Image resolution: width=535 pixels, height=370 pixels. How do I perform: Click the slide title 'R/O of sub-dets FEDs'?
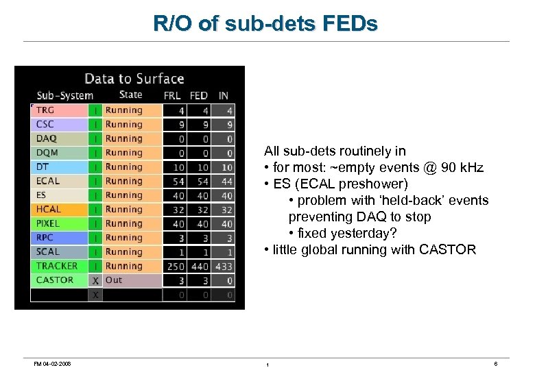265,24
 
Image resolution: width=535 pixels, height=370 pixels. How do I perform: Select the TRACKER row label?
57,266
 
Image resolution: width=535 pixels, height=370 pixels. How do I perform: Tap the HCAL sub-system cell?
49,210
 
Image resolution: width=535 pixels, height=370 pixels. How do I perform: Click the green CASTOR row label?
55,280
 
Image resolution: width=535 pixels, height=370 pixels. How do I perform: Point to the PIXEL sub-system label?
48,223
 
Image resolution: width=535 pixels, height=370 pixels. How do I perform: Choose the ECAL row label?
48,182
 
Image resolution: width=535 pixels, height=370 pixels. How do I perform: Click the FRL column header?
173,96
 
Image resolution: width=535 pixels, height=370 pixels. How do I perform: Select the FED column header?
199,96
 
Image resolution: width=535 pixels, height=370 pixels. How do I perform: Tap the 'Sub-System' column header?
64,96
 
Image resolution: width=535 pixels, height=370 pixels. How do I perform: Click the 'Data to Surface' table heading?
134,79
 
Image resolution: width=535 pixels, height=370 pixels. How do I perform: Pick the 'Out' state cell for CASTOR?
114,280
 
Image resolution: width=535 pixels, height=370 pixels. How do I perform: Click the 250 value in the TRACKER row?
176,266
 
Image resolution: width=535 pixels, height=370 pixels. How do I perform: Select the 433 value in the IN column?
224,266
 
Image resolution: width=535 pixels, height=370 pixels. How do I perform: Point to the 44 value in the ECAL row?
226,182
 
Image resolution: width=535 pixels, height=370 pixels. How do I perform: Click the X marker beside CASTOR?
96,280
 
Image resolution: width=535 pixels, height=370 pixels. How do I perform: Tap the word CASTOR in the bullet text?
449,250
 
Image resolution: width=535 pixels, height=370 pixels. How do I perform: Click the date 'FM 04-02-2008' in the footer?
51,363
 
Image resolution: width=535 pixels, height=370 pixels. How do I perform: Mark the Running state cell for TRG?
124,110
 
